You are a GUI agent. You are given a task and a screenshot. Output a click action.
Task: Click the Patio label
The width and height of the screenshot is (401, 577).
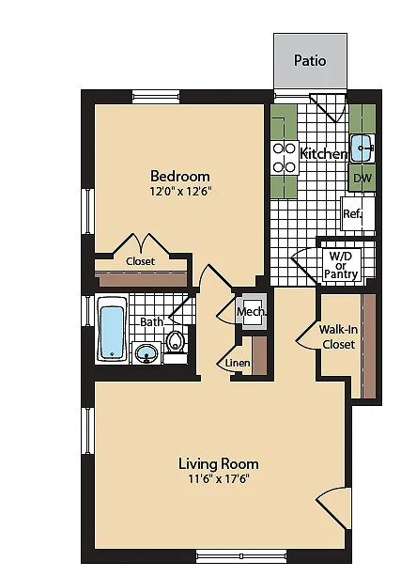[310, 60]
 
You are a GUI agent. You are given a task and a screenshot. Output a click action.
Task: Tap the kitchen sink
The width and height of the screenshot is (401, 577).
[362, 148]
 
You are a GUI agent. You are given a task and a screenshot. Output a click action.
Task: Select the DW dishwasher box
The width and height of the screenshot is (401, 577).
[362, 179]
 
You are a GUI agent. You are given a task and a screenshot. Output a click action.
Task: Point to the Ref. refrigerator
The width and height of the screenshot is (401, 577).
[358, 214]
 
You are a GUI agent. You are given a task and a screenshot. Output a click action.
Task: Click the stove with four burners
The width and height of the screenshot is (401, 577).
[285, 158]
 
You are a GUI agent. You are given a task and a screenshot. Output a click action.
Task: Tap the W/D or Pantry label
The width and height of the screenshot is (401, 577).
[341, 265]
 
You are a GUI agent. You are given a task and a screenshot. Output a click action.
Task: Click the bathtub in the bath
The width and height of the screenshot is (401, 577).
[112, 329]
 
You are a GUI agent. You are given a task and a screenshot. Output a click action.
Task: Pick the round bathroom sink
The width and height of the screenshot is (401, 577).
[147, 353]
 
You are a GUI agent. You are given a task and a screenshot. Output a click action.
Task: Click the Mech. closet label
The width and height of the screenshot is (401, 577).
[252, 312]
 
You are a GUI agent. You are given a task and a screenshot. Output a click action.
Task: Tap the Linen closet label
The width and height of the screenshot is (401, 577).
[238, 363]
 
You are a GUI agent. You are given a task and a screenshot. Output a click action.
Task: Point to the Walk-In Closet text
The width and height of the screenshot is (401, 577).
[338, 336]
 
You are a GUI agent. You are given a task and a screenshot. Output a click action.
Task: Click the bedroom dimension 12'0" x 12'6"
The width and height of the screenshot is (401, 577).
[181, 192]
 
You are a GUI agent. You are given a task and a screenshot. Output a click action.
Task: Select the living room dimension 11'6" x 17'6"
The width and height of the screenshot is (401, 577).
[219, 478]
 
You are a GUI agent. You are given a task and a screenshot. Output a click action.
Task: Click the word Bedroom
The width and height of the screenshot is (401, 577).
[180, 176]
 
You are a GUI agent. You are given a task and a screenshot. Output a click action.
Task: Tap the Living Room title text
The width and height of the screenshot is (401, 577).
[219, 463]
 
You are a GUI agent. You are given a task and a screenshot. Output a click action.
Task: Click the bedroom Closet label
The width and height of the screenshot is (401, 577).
[140, 261]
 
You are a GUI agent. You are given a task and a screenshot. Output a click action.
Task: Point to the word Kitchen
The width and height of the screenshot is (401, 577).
[324, 153]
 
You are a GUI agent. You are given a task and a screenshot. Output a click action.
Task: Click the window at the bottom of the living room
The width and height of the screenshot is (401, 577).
[241, 555]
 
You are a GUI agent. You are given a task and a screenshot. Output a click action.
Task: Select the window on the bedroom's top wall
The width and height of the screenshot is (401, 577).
[156, 97]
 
